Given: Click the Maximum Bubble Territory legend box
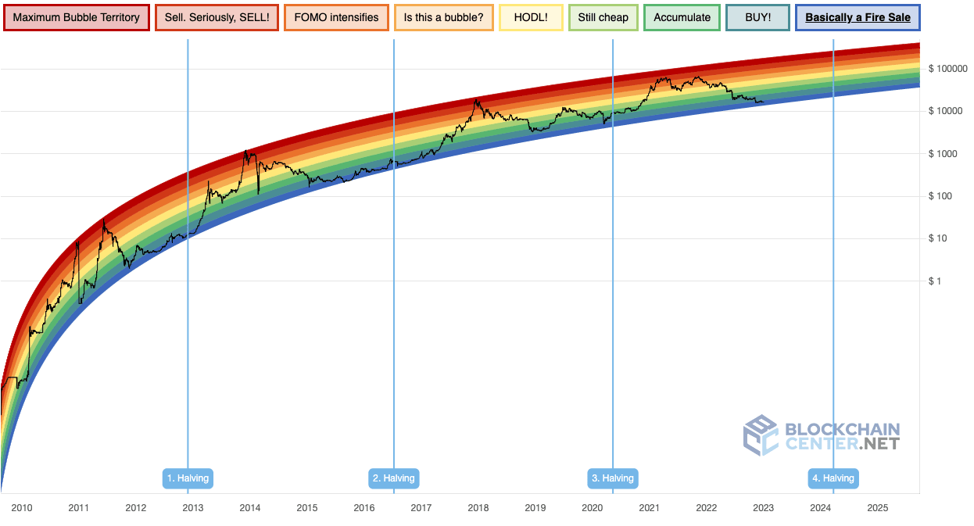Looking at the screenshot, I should coord(76,17).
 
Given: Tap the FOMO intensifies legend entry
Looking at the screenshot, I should coord(336,17).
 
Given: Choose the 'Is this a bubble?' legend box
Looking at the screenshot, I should coord(444,17).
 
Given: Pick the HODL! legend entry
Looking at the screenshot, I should coord(531,17).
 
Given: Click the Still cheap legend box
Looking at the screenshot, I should coord(603,17).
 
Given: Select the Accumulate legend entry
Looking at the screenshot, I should coord(682,17).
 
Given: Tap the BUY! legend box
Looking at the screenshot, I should coord(757,17).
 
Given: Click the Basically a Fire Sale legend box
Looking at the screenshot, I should coord(858,17).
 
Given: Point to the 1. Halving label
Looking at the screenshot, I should coord(188,478).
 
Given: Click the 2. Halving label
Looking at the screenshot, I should coord(394,478).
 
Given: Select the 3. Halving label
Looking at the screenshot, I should coord(613,478).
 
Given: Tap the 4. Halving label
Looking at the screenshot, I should coord(833,478).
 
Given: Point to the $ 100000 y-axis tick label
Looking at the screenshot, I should coord(948,69).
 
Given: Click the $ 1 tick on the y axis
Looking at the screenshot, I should coord(935,281).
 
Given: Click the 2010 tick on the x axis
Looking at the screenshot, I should coord(22,508).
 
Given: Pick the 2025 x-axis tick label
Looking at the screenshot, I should coord(877,508).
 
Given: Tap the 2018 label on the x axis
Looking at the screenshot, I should coord(478,508).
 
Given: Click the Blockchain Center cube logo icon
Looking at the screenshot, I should coord(760,435).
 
